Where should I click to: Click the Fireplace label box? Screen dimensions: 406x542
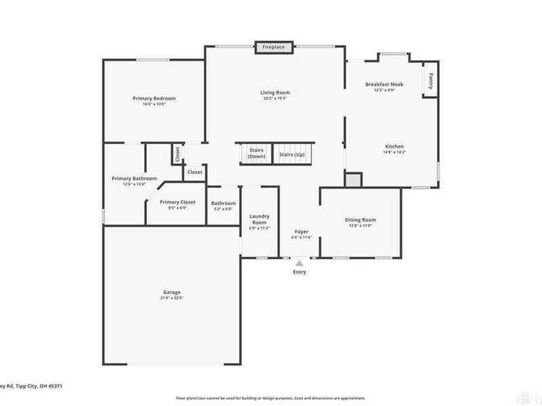point(274,47)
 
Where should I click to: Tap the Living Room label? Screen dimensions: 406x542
point(275,92)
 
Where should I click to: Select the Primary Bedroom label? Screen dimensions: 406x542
point(154,98)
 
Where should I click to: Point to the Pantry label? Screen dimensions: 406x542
point(430,81)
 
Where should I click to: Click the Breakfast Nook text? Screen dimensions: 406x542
point(384,84)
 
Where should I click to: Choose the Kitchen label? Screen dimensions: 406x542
point(394,146)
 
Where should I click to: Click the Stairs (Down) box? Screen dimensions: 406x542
point(256,153)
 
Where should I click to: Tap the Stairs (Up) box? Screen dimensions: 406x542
point(291,155)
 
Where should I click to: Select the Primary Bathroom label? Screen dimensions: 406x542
point(129,179)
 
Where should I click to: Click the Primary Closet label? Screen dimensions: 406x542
point(178,202)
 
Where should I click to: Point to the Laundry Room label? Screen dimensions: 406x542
point(259,219)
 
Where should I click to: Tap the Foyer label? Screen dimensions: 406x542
point(301,231)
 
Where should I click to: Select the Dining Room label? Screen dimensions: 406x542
point(360,219)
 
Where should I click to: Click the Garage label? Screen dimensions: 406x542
point(171,292)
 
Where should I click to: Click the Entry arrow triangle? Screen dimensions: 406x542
point(299,263)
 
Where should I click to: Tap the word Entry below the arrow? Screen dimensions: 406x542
point(299,272)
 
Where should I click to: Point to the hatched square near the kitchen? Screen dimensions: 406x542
point(353,180)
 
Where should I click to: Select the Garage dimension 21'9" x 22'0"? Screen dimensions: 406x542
point(171,298)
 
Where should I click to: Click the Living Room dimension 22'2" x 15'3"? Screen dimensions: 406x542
point(275,99)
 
